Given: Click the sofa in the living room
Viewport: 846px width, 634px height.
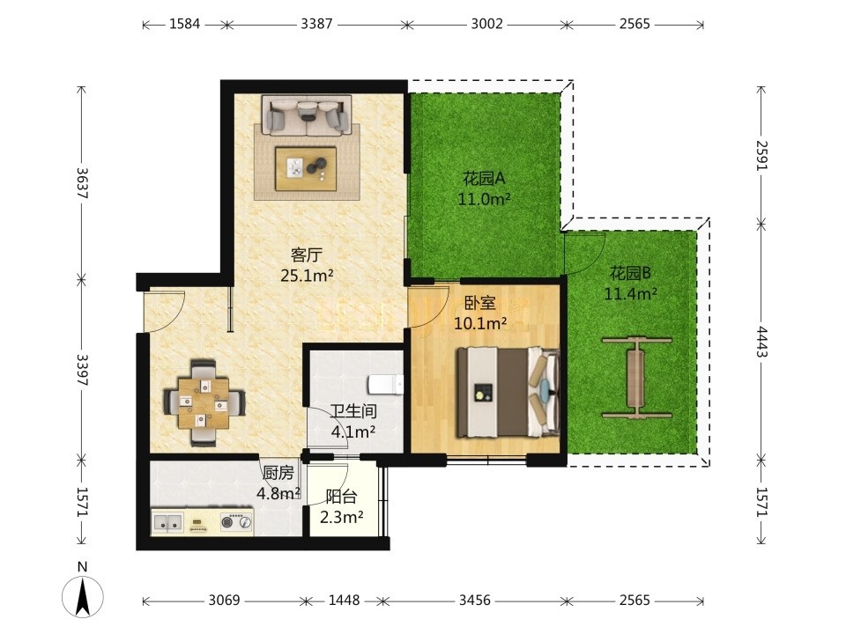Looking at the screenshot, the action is [307, 114].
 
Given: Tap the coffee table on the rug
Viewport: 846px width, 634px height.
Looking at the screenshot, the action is [306, 168].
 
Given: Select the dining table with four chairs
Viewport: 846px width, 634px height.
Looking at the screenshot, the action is [204, 402].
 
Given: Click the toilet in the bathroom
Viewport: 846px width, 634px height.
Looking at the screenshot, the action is [385, 385].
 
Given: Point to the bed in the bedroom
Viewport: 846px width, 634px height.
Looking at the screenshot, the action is [508, 391].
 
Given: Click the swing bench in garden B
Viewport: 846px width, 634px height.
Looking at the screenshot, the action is [636, 378].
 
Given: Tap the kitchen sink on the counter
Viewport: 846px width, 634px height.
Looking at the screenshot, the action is [167, 522].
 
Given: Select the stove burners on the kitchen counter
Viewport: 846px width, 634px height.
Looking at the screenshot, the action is [236, 521].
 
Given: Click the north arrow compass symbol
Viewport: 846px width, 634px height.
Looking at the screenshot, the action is [83, 596].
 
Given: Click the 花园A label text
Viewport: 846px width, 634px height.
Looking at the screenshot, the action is [484, 178].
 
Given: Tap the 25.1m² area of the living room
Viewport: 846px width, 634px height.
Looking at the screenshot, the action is [307, 276].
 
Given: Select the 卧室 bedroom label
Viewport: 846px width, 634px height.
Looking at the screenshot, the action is [479, 303].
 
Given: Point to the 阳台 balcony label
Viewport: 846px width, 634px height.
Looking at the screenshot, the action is [342, 497].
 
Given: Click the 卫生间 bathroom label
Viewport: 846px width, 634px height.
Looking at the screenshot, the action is [353, 411].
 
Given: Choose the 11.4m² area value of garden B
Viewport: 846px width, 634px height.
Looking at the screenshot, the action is [631, 294].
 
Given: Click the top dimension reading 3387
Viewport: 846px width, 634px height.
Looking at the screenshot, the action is [316, 24].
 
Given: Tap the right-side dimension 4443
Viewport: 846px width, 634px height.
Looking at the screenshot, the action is [761, 342].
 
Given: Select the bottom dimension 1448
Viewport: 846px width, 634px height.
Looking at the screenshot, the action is [345, 600].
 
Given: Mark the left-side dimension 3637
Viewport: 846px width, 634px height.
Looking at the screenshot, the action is [82, 183].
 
